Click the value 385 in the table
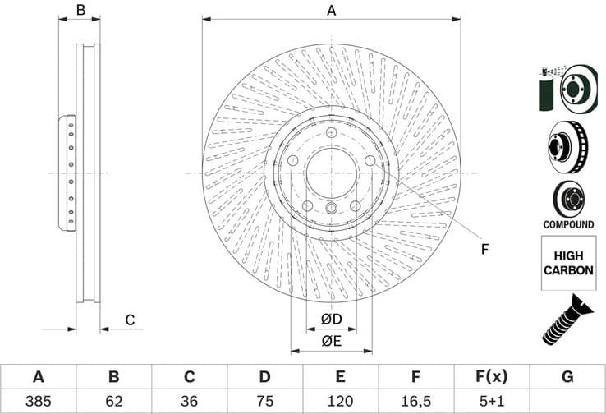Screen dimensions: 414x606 coord(38,402)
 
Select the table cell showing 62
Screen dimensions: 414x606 coord(113,402)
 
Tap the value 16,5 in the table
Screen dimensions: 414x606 coord(415,402)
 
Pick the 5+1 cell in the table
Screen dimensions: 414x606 coord(491,402)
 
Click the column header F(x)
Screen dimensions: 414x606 coord(491,377)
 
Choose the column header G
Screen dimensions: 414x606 coord(567,377)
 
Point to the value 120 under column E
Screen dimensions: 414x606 coord(340,402)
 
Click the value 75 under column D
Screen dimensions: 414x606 coord(264,402)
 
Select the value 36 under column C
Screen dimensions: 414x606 coord(189,402)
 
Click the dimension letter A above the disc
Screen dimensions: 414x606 coord(332,11)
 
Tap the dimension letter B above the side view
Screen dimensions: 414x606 coord(80,11)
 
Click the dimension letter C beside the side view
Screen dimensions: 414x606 coord(129,320)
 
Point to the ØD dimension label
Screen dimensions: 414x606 coord(331,319)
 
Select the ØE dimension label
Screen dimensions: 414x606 coord(331,341)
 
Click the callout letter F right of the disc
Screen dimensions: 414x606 coord(484,250)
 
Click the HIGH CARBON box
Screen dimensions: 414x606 coord(567,263)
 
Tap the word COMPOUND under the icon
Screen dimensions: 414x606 coord(567,224)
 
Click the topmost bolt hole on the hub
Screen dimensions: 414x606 coord(330,134)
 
